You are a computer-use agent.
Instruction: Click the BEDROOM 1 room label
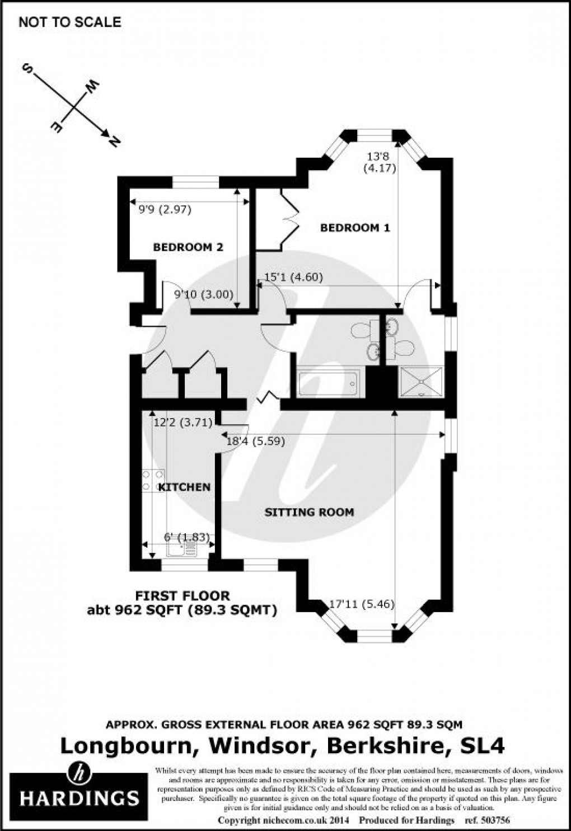(355, 228)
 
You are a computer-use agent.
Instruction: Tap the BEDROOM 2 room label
(188, 247)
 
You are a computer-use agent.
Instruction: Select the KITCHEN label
(184, 487)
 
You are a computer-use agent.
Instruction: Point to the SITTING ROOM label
(309, 511)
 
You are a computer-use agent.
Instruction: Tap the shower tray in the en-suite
(420, 382)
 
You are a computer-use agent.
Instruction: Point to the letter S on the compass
(26, 69)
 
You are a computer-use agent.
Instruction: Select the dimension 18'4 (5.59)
(255, 442)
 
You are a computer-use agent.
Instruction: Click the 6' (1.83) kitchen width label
(186, 538)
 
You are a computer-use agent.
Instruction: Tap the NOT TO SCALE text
(69, 22)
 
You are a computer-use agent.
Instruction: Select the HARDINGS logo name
(79, 797)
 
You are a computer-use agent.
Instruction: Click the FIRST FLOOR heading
(182, 596)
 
